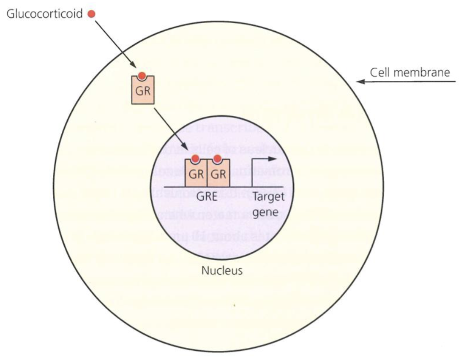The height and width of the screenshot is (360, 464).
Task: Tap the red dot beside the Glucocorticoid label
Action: [91, 14]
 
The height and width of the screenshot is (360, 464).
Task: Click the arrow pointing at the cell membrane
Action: [406, 82]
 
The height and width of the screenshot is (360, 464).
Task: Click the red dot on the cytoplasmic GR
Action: [142, 76]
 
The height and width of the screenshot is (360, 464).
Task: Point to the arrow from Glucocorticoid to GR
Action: [114, 43]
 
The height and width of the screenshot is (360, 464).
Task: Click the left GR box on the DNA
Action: [195, 174]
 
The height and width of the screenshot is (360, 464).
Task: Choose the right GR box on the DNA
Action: [217, 174]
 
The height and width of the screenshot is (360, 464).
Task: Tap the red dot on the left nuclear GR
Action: [195, 159]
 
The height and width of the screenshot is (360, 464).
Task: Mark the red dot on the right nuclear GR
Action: [217, 159]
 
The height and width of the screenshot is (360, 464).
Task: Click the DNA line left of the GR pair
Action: [174, 187]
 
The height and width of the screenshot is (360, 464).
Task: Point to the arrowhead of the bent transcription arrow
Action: [273, 159]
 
